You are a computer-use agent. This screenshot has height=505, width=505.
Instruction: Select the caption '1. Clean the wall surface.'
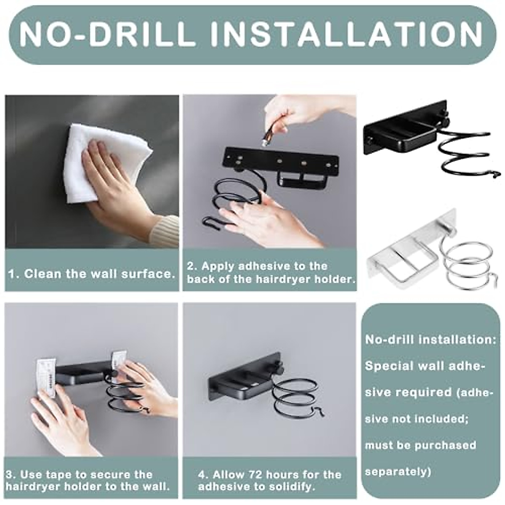pos(92,274)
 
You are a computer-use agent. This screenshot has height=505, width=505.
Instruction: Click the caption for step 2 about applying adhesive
pos(269,272)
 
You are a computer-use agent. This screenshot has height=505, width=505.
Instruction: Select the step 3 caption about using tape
pos(88,481)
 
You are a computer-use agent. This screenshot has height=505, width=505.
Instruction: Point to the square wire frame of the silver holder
pos(404,261)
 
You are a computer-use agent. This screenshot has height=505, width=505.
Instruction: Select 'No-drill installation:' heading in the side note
pos(431,340)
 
